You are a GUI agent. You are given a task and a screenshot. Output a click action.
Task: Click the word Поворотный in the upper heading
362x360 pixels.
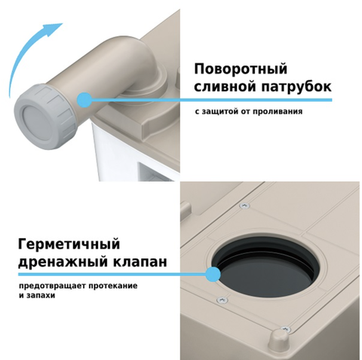pyautogui.click(x=241, y=69)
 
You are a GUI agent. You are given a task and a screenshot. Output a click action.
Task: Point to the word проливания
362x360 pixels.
pyautogui.click(x=278, y=111)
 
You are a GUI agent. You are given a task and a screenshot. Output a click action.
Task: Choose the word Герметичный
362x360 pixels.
pyautogui.click(x=69, y=244)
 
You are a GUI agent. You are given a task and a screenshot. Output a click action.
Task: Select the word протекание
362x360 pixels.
pyautogui.click(x=113, y=286)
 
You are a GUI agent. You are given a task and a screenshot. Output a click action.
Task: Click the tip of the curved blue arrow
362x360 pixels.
pyautogui.click(x=62, y=23)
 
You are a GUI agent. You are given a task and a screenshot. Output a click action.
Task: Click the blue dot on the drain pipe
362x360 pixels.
pyautogui.click(x=84, y=100)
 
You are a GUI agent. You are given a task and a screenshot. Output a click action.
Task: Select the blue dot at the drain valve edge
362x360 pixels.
pyautogui.click(x=213, y=274)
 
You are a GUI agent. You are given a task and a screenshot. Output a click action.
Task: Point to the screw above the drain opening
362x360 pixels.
pyautogui.click(x=244, y=206)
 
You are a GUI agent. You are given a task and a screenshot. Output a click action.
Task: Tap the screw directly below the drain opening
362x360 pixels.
pyautogui.click(x=222, y=300)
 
